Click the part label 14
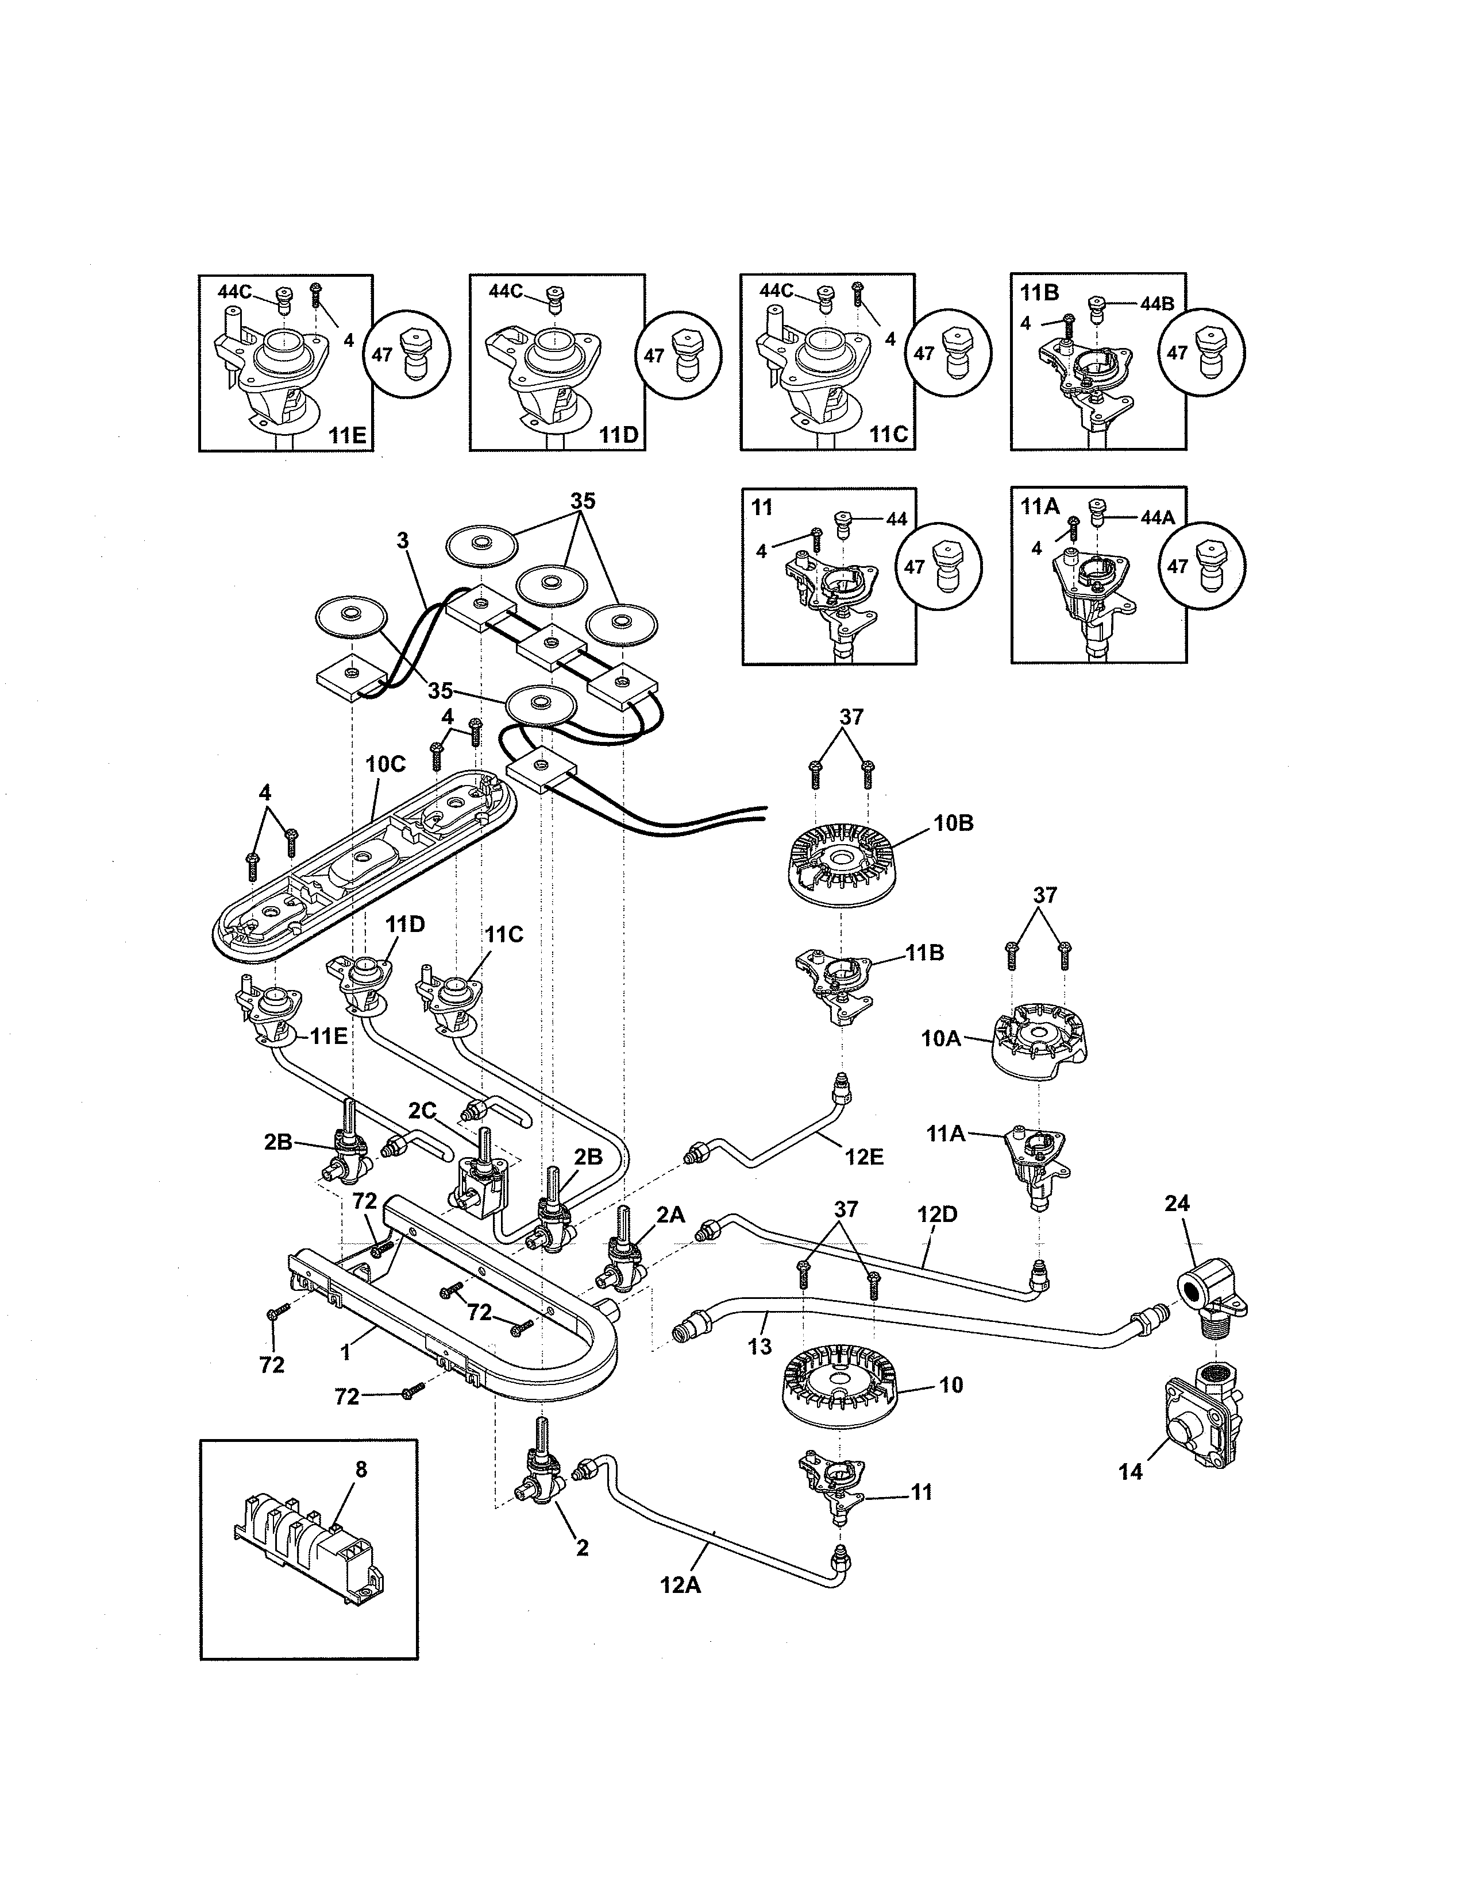pyautogui.click(x=1130, y=1472)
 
